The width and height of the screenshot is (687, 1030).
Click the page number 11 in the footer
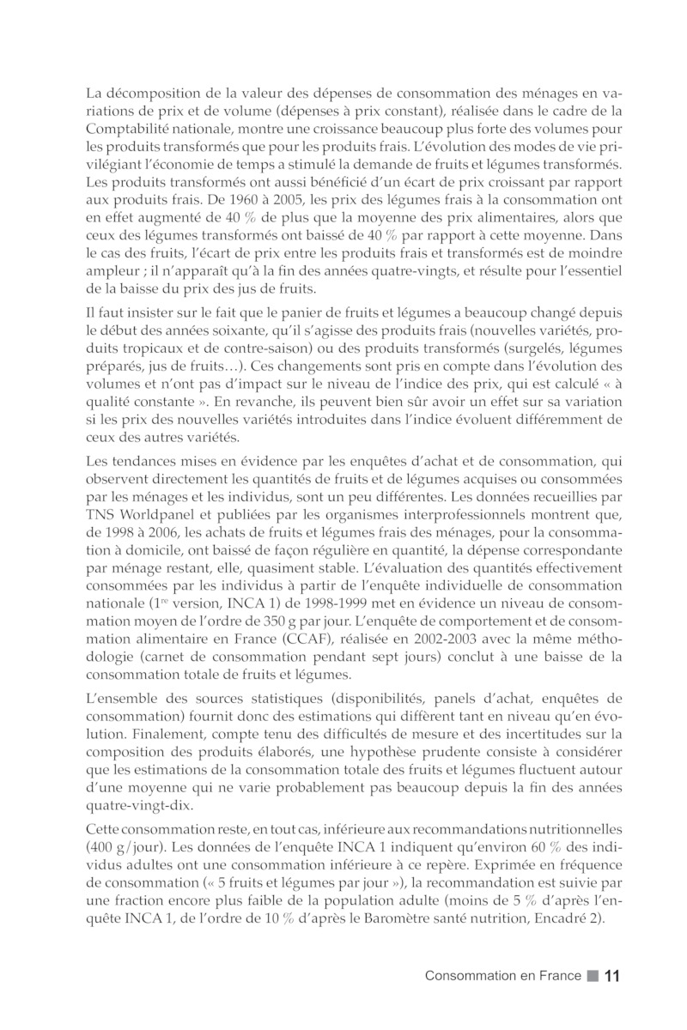(612, 976)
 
